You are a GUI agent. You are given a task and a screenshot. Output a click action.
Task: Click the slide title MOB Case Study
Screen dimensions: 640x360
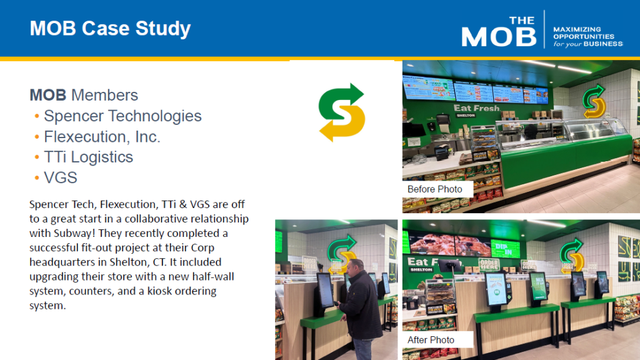[110, 29]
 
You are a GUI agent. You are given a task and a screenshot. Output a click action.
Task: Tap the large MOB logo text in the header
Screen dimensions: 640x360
[499, 37]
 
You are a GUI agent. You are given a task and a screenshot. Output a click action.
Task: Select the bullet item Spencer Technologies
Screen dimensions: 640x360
[122, 116]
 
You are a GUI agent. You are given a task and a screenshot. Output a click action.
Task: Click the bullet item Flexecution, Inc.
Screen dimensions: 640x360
[102, 136]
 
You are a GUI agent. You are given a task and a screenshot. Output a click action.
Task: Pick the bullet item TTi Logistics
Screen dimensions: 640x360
[89, 157]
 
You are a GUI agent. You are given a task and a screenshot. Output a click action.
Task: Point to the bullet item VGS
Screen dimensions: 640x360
[61, 177]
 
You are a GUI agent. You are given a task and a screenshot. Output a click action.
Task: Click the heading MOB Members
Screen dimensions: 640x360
[84, 95]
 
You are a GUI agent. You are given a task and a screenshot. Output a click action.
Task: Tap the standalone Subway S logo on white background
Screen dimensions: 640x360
[342, 112]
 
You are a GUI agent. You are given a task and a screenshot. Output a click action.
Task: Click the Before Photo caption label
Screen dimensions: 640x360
[435, 189]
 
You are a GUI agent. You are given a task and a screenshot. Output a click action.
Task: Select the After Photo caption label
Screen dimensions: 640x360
[431, 340]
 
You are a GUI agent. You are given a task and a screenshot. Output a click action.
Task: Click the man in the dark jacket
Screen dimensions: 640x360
[361, 308]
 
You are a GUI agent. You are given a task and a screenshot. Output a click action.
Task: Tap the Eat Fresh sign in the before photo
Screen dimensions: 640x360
[477, 108]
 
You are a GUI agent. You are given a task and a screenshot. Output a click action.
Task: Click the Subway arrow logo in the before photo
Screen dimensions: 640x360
[594, 101]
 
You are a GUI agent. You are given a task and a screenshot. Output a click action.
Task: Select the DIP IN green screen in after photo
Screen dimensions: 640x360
[505, 249]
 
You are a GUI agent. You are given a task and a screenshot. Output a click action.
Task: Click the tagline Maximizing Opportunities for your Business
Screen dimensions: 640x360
[587, 37]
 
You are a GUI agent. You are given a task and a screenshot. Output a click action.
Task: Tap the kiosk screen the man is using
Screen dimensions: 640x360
[325, 290]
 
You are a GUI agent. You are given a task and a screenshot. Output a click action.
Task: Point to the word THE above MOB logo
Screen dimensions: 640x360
[522, 21]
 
